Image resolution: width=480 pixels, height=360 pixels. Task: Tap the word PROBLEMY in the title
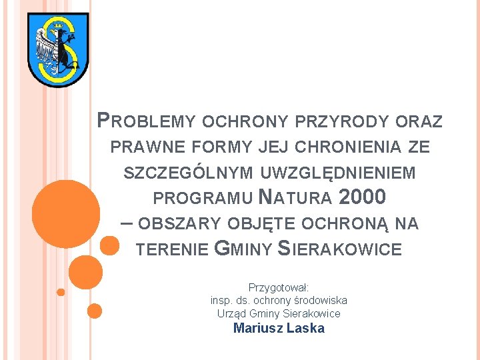click(x=146, y=121)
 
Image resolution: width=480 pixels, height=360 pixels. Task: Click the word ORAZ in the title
click(x=419, y=121)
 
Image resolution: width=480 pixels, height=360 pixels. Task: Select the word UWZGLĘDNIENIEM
click(x=339, y=173)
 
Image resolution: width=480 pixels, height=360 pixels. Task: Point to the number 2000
click(x=362, y=198)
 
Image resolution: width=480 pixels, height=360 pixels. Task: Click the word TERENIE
click(x=172, y=249)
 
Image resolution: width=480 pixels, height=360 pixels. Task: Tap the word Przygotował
click(x=278, y=288)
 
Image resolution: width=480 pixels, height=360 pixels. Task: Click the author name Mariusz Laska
click(x=279, y=328)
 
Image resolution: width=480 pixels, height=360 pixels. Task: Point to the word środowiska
click(x=318, y=301)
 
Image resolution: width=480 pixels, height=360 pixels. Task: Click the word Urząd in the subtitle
click(x=231, y=313)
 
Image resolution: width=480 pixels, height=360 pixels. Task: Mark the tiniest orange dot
click(x=61, y=291)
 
